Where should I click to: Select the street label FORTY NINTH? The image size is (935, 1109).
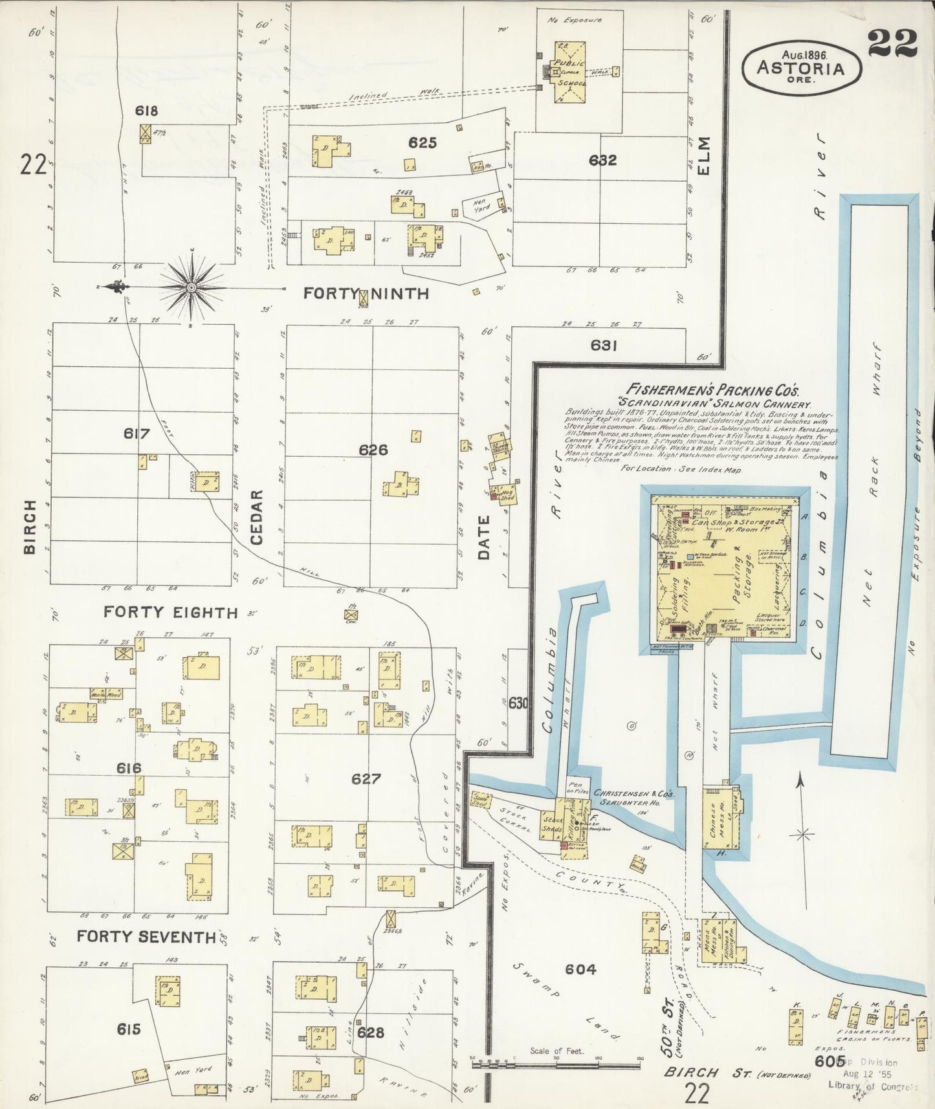pyautogui.click(x=366, y=294)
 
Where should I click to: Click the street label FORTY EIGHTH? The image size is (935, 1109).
pyautogui.click(x=171, y=612)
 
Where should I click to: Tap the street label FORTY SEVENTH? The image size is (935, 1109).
pyautogui.click(x=146, y=936)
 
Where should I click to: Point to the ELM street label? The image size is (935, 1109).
pyautogui.click(x=704, y=155)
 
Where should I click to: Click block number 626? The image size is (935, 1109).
pyautogui.click(x=373, y=450)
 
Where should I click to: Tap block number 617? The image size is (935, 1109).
pyautogui.click(x=137, y=434)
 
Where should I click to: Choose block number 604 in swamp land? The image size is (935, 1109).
pyautogui.click(x=580, y=969)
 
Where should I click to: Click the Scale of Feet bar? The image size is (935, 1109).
pyautogui.click(x=556, y=1064)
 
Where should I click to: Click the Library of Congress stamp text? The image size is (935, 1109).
pyautogui.click(x=872, y=1086)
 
